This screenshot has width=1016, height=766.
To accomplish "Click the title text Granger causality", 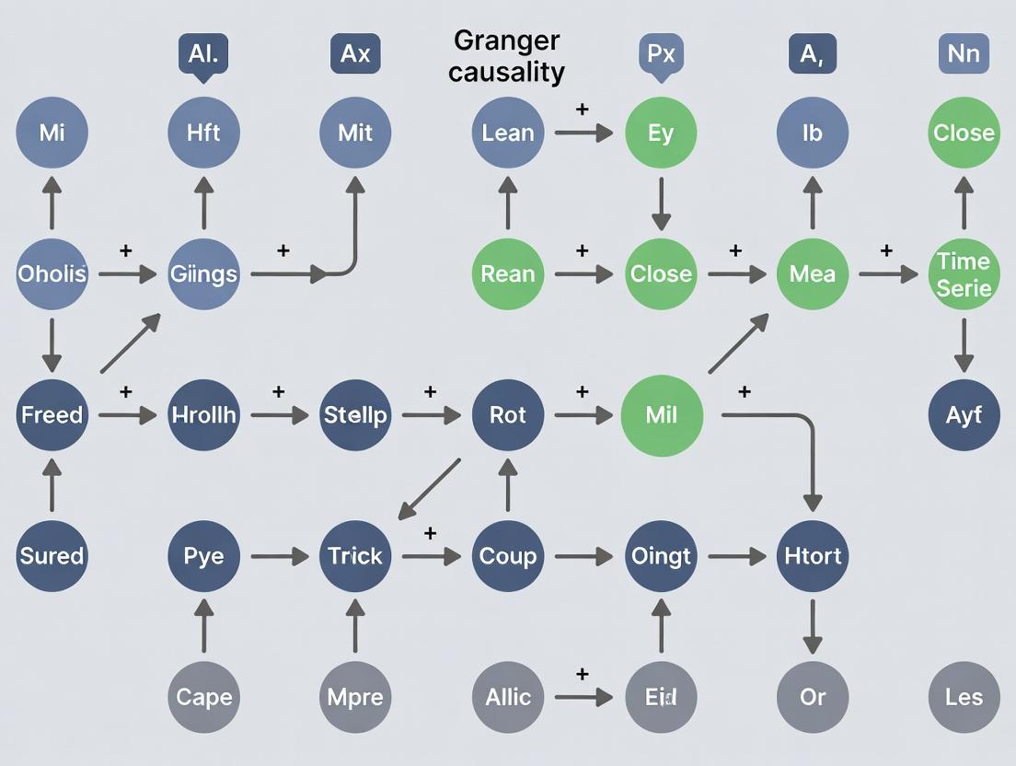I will [x=506, y=56].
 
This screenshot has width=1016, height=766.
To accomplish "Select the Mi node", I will [x=52, y=133].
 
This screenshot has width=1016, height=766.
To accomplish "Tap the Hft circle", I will [x=203, y=133].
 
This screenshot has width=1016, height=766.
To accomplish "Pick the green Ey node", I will [x=661, y=133].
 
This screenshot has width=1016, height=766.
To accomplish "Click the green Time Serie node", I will [x=964, y=273].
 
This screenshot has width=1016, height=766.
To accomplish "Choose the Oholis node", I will [x=52, y=273].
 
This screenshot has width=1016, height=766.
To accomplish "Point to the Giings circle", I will [x=203, y=273].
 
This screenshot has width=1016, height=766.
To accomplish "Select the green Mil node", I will [x=661, y=415].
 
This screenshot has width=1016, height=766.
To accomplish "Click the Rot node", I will [x=507, y=415].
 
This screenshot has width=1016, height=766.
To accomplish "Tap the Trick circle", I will [x=355, y=556].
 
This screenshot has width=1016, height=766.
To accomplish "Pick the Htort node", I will [x=812, y=556].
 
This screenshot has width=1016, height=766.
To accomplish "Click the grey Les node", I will [x=964, y=697].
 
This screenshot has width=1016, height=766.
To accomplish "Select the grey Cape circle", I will [x=203, y=697].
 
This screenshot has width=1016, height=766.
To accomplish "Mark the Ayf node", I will [x=964, y=415].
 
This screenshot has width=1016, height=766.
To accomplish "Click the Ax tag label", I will [x=355, y=53].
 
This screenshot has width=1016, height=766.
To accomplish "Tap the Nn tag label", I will [x=964, y=53].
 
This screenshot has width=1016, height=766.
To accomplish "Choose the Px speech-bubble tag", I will [x=661, y=53].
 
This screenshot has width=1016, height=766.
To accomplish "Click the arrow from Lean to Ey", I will [x=583, y=133].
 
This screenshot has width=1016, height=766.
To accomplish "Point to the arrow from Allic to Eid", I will [x=583, y=697].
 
